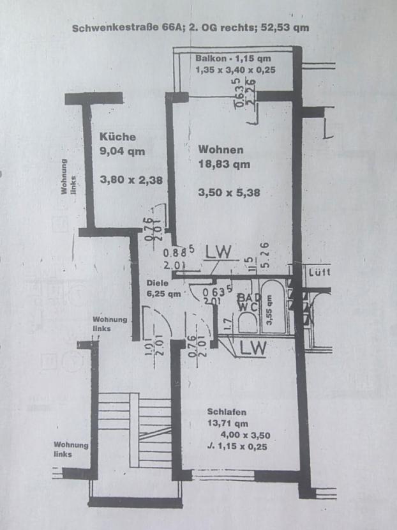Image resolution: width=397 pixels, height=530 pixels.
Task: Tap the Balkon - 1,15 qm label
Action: click(234, 58)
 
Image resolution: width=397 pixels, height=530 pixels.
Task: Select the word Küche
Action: click(117, 136)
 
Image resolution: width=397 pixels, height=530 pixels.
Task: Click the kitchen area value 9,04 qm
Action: click(123, 151)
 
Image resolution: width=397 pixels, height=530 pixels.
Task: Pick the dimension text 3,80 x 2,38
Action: click(131, 180)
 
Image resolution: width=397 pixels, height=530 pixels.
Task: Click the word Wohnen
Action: click(221, 149)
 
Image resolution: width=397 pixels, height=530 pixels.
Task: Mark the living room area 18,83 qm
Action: click(224, 164)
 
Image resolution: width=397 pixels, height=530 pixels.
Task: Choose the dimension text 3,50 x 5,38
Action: click(229, 192)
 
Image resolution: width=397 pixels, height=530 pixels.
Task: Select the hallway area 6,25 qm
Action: click(163, 294)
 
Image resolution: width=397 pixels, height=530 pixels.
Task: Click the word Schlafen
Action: click(227, 412)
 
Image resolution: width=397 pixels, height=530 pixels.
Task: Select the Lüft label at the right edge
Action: click(318, 272)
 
